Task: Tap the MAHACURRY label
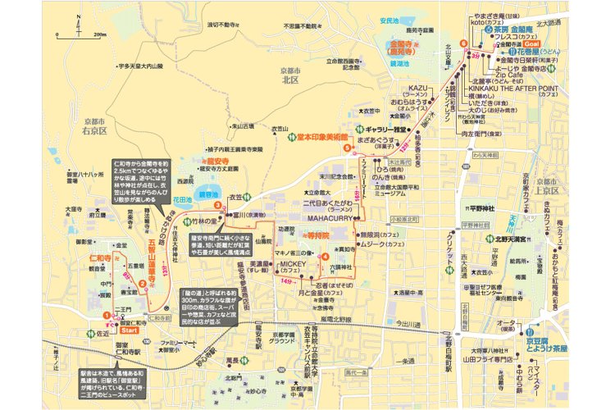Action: coord(330,218)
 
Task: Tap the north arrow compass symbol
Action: coord(79,25)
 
